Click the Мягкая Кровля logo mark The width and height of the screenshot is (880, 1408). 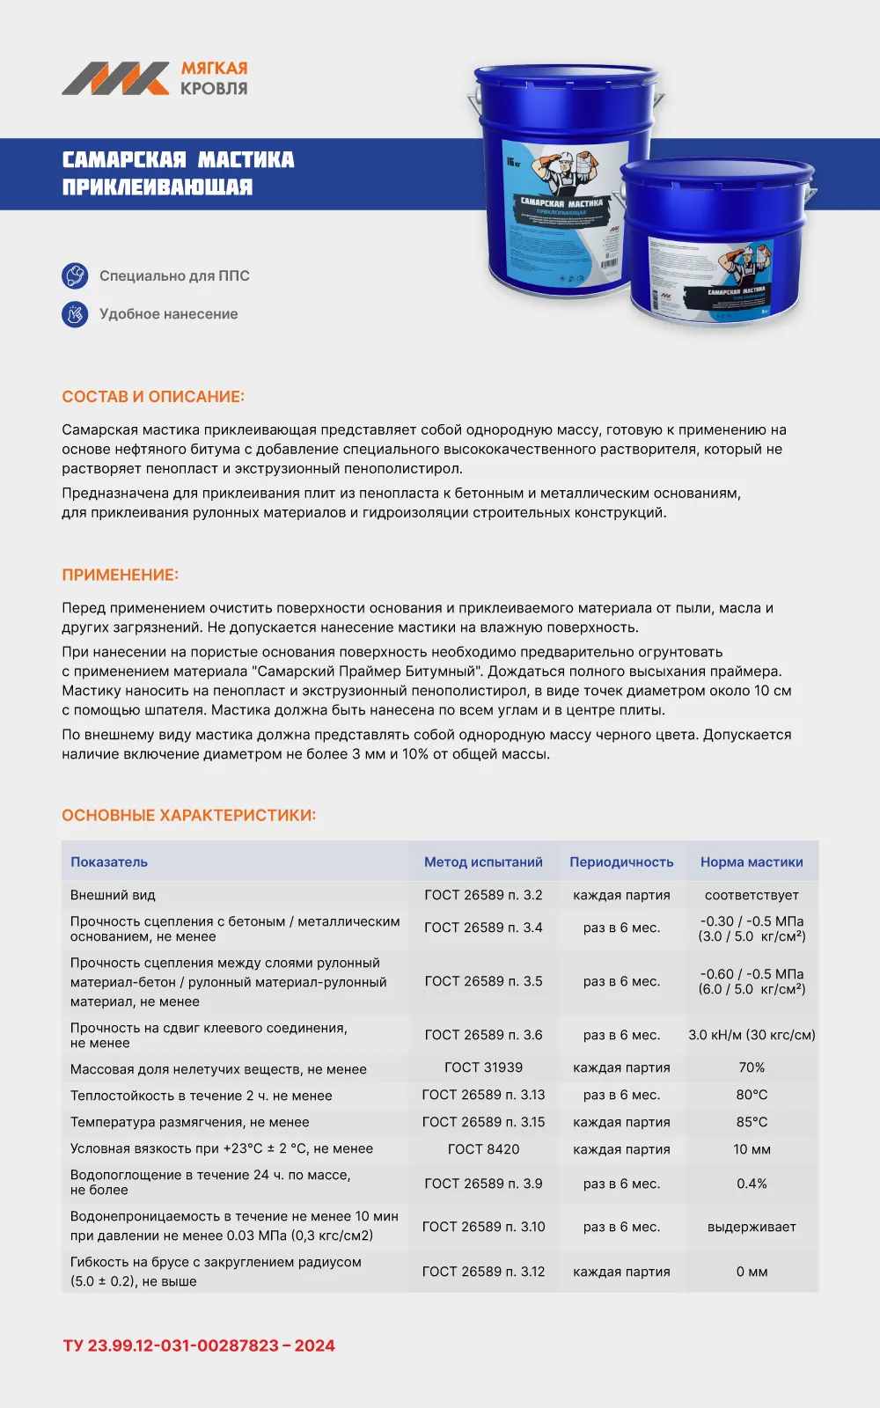tap(115, 78)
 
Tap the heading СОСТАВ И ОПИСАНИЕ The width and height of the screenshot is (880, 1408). tap(153, 397)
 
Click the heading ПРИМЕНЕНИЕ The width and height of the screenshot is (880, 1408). tap(120, 575)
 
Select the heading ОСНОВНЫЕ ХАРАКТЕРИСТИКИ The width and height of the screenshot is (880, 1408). tap(188, 815)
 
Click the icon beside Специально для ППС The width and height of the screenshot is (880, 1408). tap(75, 275)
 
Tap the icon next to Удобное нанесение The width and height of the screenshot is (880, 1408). tap(75, 314)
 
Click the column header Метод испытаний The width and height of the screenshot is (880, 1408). tap(483, 862)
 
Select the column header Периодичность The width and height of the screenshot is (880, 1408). tap(621, 862)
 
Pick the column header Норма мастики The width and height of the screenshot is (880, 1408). tap(752, 862)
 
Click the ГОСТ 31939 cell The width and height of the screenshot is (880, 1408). tap(483, 1067)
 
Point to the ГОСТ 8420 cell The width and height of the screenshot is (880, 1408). tap(483, 1149)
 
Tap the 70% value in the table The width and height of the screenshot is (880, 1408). tap(752, 1067)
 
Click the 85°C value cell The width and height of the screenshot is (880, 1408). tap(752, 1122)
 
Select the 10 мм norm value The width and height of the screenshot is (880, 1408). tap(752, 1149)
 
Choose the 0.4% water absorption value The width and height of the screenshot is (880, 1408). tap(752, 1184)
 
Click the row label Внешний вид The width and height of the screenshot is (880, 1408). tap(113, 895)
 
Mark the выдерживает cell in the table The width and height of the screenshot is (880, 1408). tap(752, 1227)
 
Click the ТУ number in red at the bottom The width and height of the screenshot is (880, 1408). tap(199, 1346)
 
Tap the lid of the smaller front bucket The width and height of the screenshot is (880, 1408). tap(716, 174)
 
